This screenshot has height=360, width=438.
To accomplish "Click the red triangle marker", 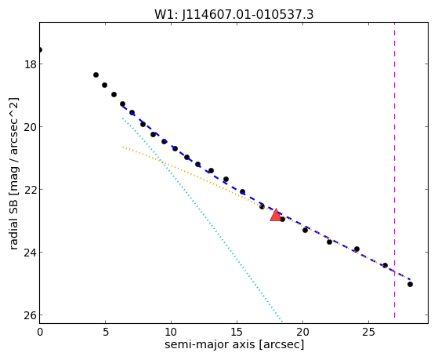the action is tap(276, 215).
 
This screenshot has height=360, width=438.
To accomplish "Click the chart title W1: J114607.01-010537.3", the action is tap(234, 14).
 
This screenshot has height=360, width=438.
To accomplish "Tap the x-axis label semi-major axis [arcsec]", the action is tap(234, 344).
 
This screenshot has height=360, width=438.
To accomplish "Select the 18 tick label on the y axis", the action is tap(30, 64).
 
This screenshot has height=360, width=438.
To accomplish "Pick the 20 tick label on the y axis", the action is tap(30, 127).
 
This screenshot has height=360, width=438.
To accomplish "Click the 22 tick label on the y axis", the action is tap(30, 190).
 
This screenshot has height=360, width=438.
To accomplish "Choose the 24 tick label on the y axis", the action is tap(30, 253).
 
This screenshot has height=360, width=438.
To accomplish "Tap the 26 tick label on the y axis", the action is tap(30, 315).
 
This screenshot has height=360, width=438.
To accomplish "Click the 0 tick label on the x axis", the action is tap(40, 332).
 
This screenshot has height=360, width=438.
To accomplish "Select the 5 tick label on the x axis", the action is tap(105, 332).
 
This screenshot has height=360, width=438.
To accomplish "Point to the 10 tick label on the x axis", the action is tap(171, 332).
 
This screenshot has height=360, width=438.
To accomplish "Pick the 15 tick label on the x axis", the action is tap(237, 332).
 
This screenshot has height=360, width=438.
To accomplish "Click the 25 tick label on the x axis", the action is tap(368, 332).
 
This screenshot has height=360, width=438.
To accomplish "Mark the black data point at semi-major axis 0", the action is tap(40, 49).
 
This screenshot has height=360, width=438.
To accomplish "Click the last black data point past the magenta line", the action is tap(410, 284).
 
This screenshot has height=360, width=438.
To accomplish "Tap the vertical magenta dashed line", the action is tap(394, 170).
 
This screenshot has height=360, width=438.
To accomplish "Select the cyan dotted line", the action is tap(202, 220).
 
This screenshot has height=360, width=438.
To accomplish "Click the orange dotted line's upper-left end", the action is tap(123, 147).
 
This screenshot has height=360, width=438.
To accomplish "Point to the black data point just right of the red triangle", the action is tap(282, 219).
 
